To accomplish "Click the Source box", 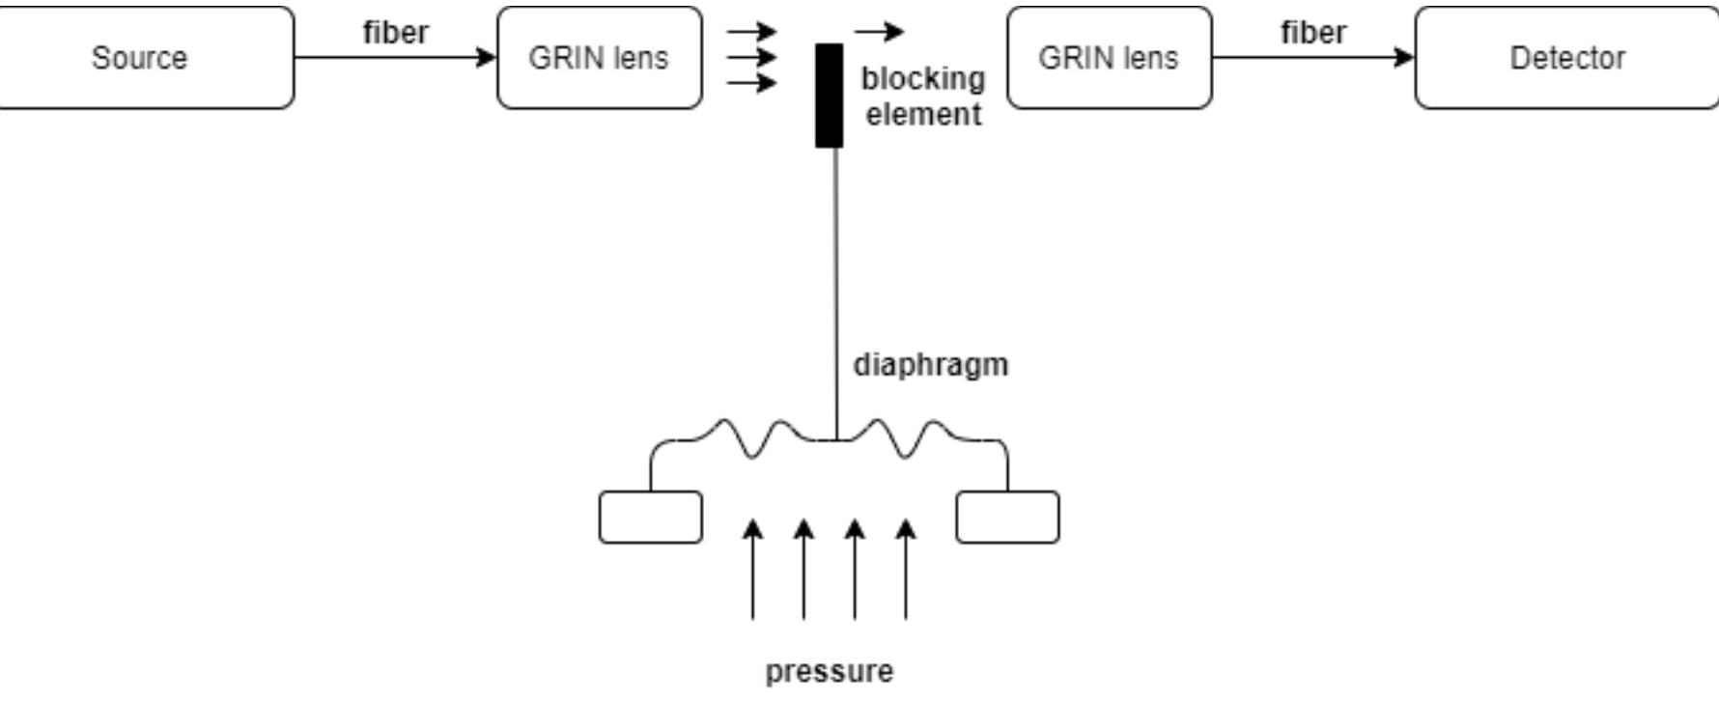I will click(145, 58).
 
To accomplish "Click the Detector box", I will click(1565, 58).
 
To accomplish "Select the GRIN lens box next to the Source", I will click(599, 58).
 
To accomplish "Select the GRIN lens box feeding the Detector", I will click(1109, 58).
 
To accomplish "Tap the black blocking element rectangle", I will click(829, 95).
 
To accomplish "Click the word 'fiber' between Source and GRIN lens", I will click(395, 32).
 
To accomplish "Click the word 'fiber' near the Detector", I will click(1312, 32).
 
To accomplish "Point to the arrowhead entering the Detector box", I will click(1404, 58).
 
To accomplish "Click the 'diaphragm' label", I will click(930, 365).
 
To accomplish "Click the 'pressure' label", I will click(829, 671).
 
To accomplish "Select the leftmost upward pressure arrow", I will click(753, 570).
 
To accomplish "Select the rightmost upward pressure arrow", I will click(905, 570).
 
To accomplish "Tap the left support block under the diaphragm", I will click(650, 518).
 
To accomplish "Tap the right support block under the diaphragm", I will click(1007, 518).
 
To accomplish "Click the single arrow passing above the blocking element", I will click(879, 32).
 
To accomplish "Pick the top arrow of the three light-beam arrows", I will click(751, 32).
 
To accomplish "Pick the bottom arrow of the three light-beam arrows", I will click(751, 83).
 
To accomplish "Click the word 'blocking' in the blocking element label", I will click(922, 78).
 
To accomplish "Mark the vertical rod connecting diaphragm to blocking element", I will click(836, 290).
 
